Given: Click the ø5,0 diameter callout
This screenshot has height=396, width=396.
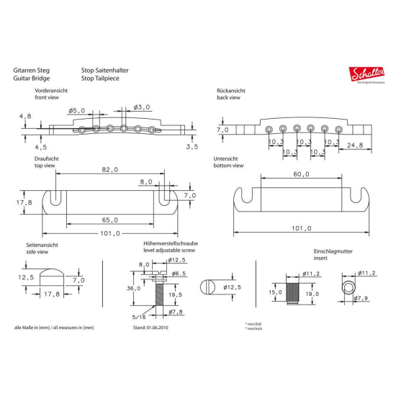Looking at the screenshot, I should pos(77,110).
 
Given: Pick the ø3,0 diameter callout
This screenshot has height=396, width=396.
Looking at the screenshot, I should pos(142,107).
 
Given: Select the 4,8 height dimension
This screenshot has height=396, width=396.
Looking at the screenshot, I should pos(26,116).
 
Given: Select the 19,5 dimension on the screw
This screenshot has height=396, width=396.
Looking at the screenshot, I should pos(175,294).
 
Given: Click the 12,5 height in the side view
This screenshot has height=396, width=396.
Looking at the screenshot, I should pos(26,276).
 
